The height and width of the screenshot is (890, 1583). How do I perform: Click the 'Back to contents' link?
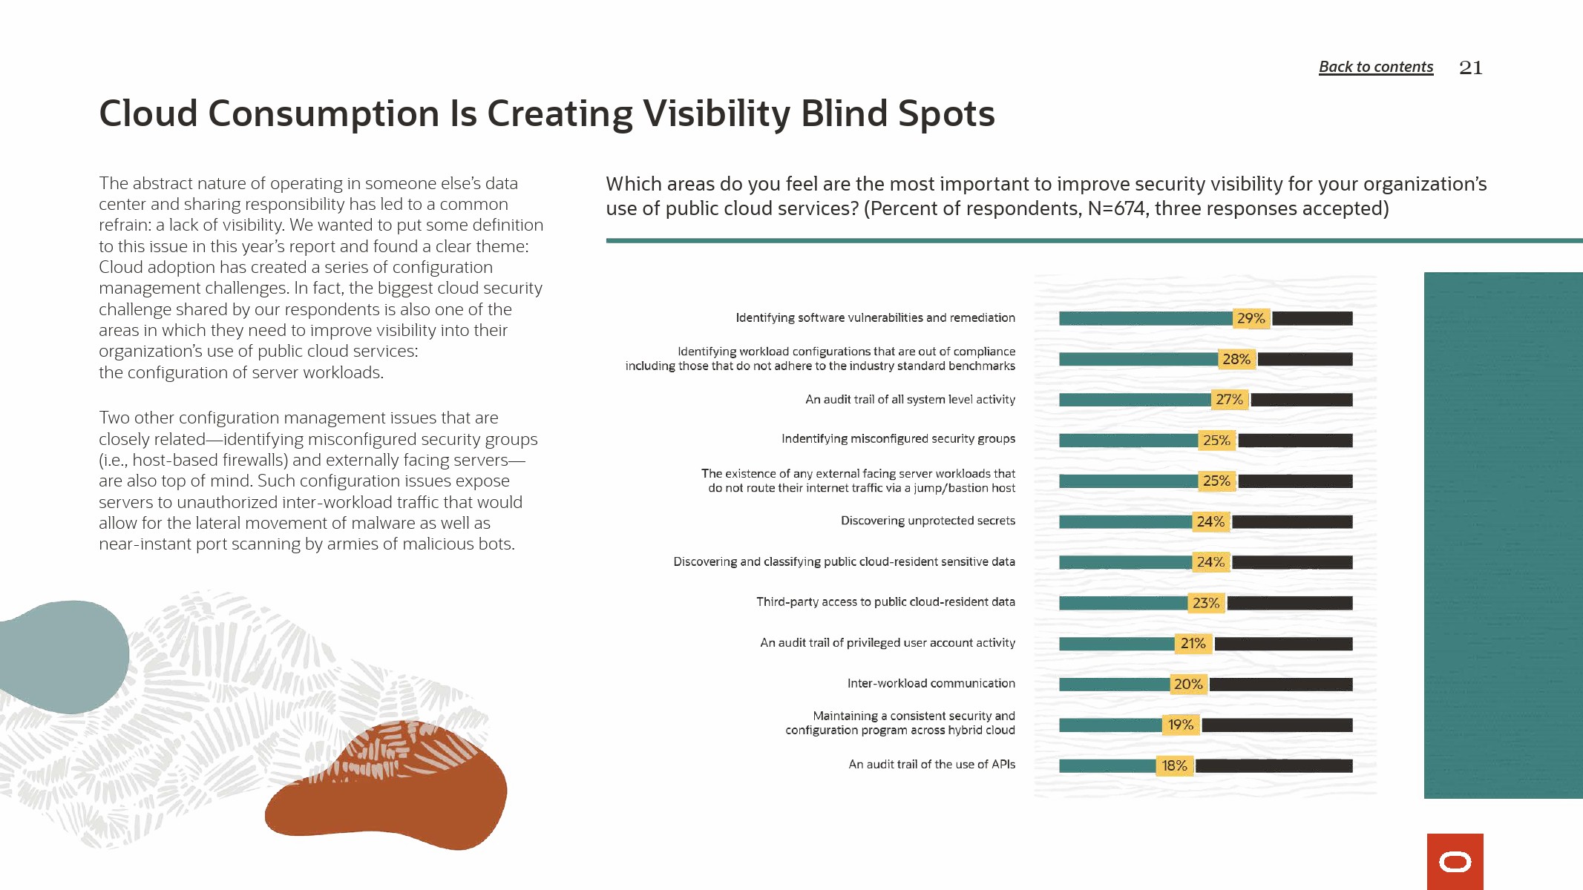click(1375, 67)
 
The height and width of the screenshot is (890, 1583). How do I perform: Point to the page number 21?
click(1470, 67)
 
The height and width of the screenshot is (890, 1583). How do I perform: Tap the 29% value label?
click(1251, 318)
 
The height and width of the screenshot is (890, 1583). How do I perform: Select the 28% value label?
click(1236, 359)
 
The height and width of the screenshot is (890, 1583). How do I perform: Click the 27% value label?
click(1229, 400)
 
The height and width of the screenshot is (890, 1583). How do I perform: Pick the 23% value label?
click(1206, 603)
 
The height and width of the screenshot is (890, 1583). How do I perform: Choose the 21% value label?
click(1193, 644)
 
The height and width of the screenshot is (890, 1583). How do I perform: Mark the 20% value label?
click(1187, 685)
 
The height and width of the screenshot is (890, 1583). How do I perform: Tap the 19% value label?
click(1180, 725)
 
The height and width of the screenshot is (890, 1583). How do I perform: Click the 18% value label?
click(1174, 765)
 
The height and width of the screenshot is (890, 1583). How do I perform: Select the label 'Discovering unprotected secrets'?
click(928, 521)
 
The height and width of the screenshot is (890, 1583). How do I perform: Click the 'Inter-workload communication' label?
click(931, 683)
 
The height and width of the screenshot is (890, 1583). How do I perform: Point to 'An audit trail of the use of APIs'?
click(931, 764)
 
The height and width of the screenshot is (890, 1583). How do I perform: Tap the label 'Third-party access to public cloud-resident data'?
click(885, 601)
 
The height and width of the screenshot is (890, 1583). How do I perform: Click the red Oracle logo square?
click(1455, 861)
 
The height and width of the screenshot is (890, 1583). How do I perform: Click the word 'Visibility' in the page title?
click(718, 114)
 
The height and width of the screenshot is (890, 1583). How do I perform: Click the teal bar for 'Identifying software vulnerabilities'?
click(1144, 318)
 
